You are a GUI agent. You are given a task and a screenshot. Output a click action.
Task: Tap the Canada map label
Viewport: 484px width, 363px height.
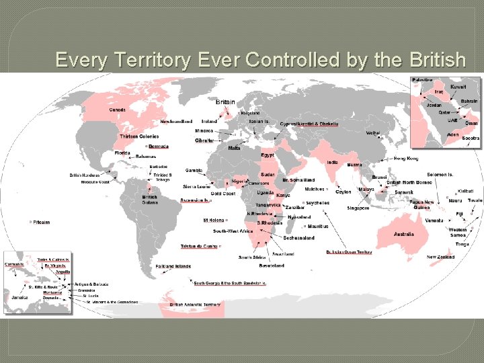click(x=117, y=110)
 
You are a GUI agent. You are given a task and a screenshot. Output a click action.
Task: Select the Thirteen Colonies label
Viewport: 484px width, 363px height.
click(x=139, y=136)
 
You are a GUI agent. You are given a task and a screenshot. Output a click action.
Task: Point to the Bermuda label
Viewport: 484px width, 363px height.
click(x=159, y=146)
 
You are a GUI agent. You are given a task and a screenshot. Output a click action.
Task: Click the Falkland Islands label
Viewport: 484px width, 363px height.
click(x=173, y=266)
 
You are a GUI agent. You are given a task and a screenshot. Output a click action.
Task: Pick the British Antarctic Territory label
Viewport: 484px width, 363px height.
click(x=195, y=305)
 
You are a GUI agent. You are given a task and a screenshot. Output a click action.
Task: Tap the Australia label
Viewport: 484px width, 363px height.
click(x=403, y=234)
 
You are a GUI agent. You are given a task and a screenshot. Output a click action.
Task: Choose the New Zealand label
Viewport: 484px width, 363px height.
click(x=440, y=257)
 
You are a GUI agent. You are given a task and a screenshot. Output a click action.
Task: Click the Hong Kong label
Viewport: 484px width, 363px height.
click(x=405, y=158)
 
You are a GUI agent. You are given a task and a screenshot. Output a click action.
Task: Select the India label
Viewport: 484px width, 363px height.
click(x=332, y=162)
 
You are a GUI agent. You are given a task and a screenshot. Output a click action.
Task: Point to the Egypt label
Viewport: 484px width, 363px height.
click(x=268, y=155)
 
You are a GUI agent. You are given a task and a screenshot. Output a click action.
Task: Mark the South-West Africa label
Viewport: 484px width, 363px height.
click(x=233, y=231)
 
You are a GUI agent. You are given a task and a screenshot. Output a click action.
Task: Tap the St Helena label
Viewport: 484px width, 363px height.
click(x=213, y=219)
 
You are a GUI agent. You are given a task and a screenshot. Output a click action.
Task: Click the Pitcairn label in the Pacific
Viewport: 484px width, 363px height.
click(x=41, y=222)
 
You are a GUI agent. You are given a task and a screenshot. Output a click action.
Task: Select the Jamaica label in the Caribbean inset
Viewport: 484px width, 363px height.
click(x=19, y=296)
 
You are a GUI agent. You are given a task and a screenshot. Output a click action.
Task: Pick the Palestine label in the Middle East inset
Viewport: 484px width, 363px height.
click(x=422, y=80)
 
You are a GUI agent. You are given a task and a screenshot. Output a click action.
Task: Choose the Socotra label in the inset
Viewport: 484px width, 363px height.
click(x=471, y=138)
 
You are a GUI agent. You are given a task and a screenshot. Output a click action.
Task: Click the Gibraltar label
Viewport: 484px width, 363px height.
click(x=205, y=140)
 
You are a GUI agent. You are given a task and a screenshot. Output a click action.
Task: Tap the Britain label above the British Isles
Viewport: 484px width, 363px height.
click(x=225, y=102)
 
